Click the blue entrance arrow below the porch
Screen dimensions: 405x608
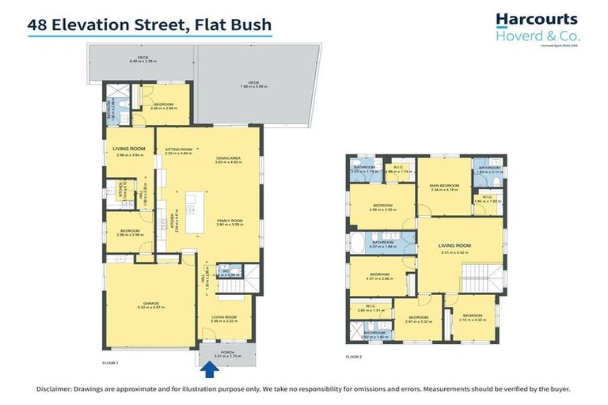210,368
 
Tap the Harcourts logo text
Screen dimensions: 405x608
536,19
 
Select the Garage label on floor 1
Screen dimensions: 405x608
150,302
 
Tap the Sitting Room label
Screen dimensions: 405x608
178,150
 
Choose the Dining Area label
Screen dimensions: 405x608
228,158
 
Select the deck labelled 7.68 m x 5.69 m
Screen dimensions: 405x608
253,83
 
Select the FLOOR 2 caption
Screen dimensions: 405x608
354,358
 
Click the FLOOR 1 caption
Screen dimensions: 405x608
110,361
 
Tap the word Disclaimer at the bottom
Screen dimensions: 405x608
59,390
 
